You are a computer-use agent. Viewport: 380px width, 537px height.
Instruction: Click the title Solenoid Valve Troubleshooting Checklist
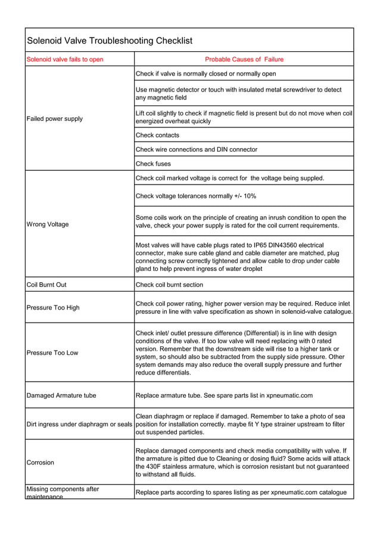click(x=110, y=40)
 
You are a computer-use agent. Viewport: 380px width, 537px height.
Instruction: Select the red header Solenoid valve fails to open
click(x=65, y=60)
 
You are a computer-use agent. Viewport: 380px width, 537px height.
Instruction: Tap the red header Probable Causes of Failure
click(x=244, y=60)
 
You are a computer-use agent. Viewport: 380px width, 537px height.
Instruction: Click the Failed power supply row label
click(x=55, y=118)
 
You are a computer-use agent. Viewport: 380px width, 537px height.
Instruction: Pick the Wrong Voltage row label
click(x=48, y=224)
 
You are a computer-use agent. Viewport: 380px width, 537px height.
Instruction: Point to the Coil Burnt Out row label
click(x=47, y=285)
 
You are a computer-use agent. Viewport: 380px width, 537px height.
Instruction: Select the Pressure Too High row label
click(x=53, y=308)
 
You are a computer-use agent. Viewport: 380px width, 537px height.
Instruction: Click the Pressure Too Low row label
click(x=52, y=352)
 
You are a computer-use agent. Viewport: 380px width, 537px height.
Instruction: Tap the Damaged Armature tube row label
click(x=61, y=395)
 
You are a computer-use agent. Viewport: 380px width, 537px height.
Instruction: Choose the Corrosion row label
click(x=41, y=463)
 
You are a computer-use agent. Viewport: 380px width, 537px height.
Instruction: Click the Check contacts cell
click(x=157, y=135)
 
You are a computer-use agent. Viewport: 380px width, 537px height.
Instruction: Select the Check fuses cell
click(x=153, y=164)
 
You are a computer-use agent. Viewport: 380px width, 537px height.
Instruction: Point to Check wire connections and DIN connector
click(x=197, y=149)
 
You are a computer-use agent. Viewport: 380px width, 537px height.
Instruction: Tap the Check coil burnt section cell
click(x=169, y=285)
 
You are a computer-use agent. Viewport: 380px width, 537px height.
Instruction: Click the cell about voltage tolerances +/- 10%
click(x=196, y=196)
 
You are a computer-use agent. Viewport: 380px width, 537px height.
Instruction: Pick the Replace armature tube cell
click(x=224, y=395)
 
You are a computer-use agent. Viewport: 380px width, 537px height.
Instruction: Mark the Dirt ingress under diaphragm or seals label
click(x=79, y=424)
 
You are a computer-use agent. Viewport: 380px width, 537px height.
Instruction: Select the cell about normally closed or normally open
click(x=205, y=74)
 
